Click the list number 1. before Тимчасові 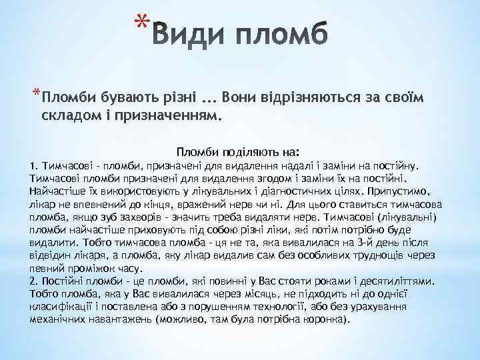[34, 165]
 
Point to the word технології [273, 305]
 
